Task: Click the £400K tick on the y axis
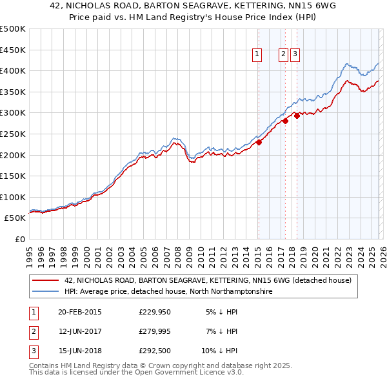13,70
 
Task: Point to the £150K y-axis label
13,176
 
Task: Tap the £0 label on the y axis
20,239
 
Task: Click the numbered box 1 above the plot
257,55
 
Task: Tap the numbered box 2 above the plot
283,55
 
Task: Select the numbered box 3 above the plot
295,55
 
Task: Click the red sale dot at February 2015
258,143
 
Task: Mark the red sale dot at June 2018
296,116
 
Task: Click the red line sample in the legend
45,281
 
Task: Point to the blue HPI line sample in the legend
45,292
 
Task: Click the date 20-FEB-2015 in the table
80,311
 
